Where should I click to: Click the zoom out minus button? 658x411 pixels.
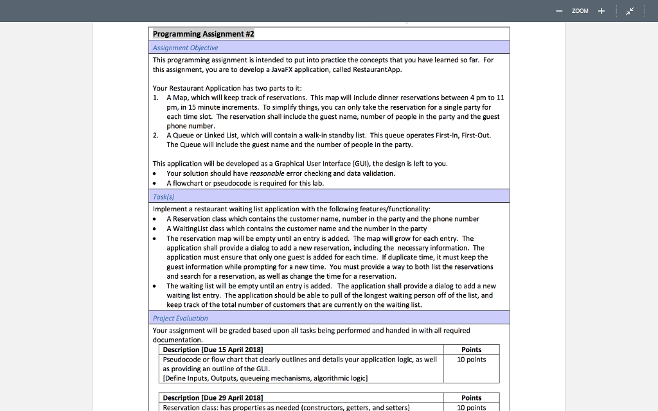(559, 11)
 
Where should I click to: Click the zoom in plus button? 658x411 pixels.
(601, 11)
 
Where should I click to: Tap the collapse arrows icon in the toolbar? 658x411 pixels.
(631, 11)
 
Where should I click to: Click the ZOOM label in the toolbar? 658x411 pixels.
(580, 11)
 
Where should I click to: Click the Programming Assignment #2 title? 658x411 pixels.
(203, 34)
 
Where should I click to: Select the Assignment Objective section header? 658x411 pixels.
(185, 48)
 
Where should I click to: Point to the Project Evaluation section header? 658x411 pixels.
(180, 318)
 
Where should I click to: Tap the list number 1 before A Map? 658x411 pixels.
(156, 98)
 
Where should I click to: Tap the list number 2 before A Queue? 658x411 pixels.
(156, 136)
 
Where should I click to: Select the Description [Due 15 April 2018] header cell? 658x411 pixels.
(213, 349)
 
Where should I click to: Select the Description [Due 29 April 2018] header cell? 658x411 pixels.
(213, 398)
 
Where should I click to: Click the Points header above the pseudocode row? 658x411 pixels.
(471, 349)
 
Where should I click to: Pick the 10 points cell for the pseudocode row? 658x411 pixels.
(471, 360)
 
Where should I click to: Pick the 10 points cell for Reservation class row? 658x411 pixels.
(471, 407)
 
